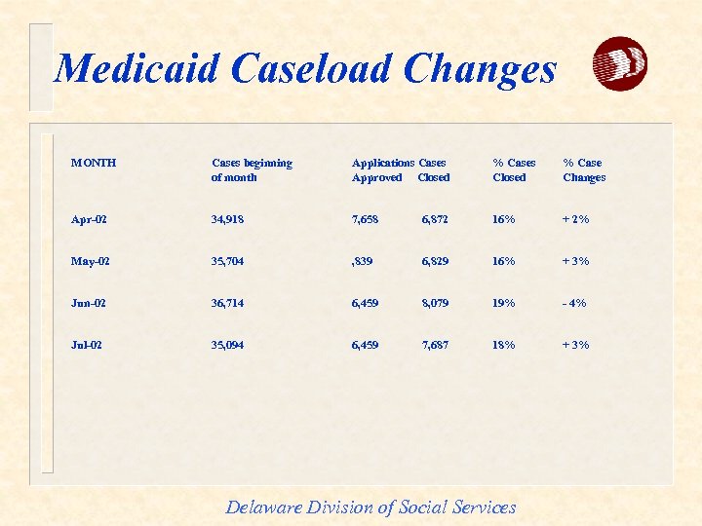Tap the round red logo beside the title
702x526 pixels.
pos(620,64)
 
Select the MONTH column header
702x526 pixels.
pos(94,163)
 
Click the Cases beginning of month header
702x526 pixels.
pos(252,169)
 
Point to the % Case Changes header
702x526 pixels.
pos(584,169)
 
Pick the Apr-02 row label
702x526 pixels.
pos(90,219)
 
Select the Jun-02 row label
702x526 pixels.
pos(90,303)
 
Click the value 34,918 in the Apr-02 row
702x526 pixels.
pos(227,219)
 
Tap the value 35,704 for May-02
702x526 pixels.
pos(227,261)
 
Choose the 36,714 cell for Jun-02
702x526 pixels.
pos(227,303)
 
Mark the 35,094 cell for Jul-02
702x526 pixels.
pos(227,345)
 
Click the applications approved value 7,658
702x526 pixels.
pos(366,219)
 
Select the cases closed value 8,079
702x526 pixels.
pos(435,303)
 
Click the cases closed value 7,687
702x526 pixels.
pos(435,345)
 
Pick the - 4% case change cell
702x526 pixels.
pos(573,303)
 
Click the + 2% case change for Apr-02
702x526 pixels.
pos(574,219)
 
